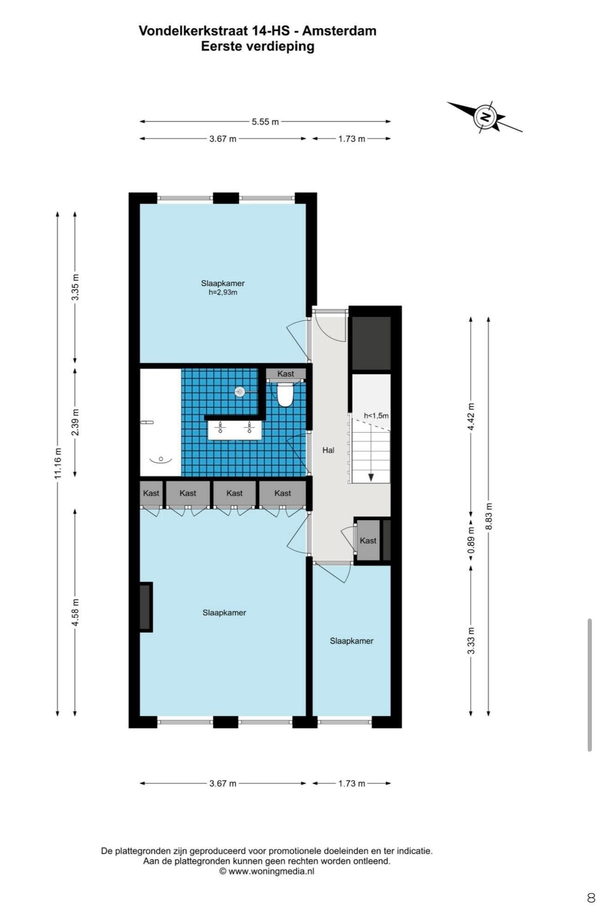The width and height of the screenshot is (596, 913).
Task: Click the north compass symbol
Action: (485, 116)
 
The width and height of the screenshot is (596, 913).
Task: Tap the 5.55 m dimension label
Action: (265, 122)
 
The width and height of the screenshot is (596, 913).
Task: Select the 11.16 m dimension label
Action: (58, 463)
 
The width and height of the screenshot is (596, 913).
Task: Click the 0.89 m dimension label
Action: (471, 540)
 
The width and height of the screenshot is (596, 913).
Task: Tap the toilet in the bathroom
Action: (285, 393)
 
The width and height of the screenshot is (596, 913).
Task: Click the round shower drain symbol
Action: (240, 392)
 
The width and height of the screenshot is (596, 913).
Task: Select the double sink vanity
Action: (235, 430)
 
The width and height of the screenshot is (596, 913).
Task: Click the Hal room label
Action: (328, 450)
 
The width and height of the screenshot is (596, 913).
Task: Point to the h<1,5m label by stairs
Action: (376, 416)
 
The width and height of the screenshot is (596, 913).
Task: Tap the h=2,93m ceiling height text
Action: (223, 292)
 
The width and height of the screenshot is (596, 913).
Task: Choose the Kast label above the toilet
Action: (286, 374)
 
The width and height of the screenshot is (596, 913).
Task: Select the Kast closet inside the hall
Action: (368, 540)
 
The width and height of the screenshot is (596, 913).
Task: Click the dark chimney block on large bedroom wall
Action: (146, 607)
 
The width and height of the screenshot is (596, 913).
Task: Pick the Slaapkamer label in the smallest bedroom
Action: (352, 641)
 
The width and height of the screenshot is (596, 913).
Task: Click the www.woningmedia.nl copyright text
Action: (267, 871)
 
